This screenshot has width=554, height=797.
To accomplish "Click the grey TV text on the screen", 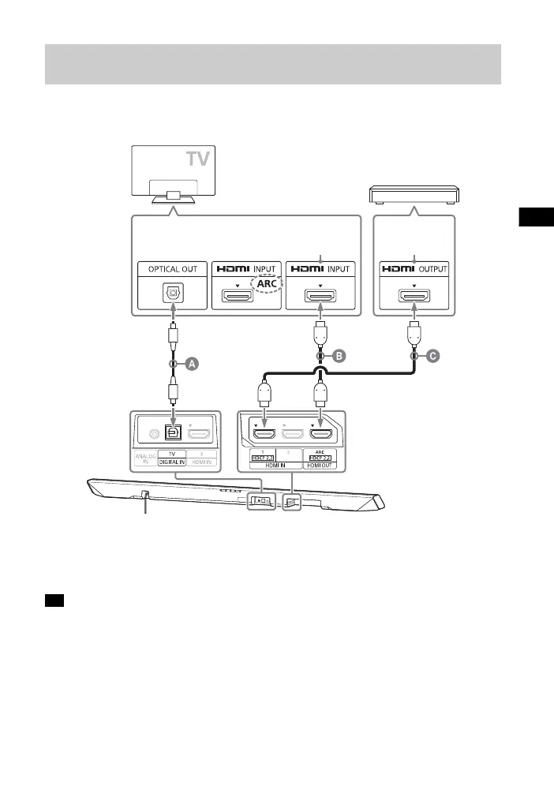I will click(x=198, y=161).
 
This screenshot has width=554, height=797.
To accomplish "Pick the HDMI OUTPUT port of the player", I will click(x=413, y=297).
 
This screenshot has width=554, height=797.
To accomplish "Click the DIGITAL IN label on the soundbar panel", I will click(x=171, y=462).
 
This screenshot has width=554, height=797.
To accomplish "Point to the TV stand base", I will click(x=174, y=196).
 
